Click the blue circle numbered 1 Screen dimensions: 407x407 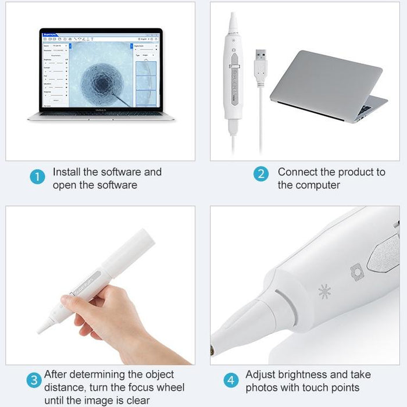click(37, 177)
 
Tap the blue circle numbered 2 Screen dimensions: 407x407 click(262, 174)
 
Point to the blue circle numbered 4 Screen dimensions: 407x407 click(231, 381)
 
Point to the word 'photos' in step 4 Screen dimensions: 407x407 click(262, 388)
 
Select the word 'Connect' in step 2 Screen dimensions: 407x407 click(298, 172)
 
